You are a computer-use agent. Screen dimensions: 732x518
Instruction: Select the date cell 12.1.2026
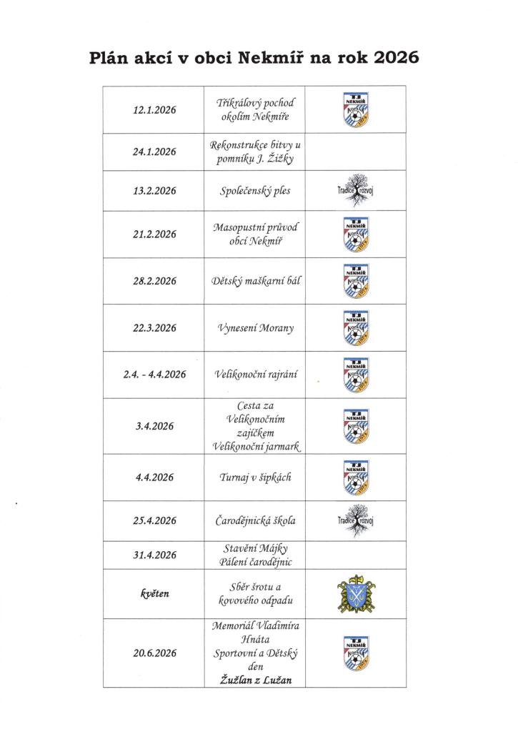(155, 110)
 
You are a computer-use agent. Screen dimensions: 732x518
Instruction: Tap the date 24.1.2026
(155, 152)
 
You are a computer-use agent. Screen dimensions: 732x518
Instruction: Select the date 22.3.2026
(155, 328)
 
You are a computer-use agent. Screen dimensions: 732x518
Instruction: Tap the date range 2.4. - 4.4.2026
(155, 375)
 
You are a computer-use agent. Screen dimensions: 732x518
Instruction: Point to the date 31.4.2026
(155, 554)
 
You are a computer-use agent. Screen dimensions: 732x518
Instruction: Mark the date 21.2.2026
(155, 234)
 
